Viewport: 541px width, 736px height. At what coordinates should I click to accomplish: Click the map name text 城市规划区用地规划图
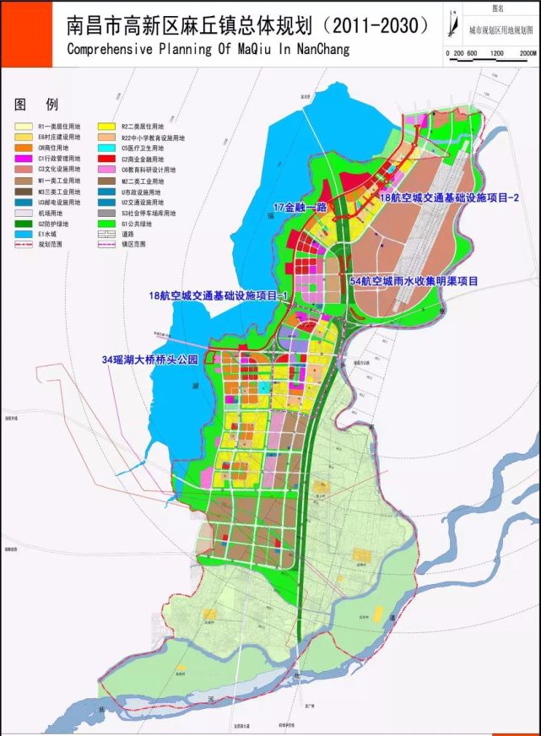pos(501,29)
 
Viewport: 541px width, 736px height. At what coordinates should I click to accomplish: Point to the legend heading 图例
pos(35,105)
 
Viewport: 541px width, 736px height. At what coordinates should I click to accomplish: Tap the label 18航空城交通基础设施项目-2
pos(448,198)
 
